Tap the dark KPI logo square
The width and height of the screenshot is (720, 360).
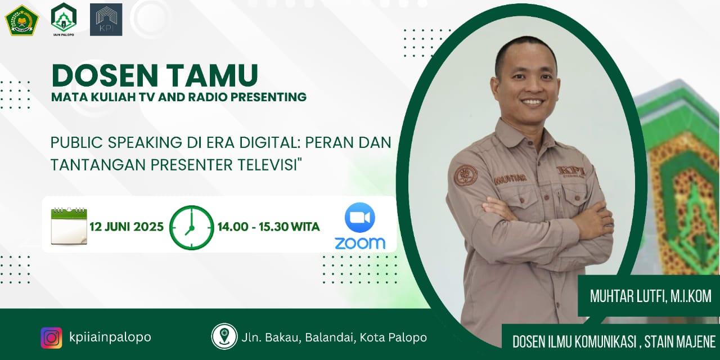point(106,20)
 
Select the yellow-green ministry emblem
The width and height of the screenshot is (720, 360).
point(21,20)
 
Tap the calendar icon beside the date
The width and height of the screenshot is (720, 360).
point(69,226)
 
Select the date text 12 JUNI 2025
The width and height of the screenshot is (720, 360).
point(127,227)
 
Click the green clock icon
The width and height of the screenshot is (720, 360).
point(192,227)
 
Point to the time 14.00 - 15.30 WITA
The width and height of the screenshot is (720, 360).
point(268,227)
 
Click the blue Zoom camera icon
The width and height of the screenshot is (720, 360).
point(360,218)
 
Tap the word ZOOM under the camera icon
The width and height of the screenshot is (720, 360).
point(360,243)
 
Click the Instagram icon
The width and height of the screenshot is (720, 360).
point(51,337)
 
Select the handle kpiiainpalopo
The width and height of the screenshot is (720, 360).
point(110,337)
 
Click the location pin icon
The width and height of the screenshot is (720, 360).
point(224,336)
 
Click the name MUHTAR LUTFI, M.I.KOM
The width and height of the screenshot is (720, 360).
point(650,296)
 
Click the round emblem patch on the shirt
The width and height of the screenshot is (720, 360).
point(466,175)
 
